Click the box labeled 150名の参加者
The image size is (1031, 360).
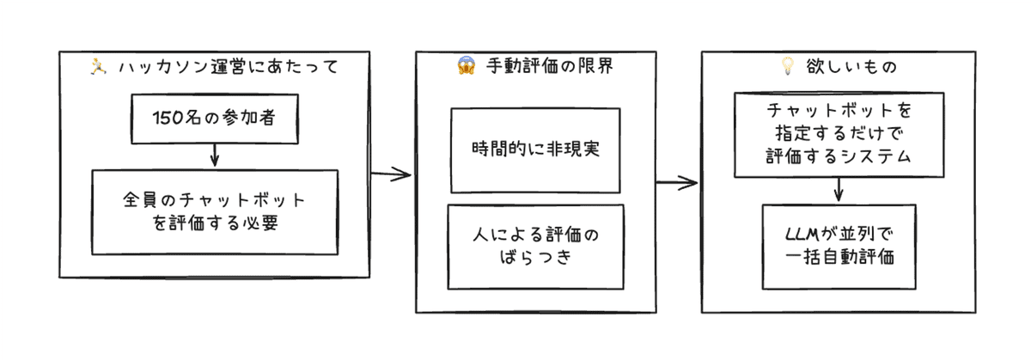tap(214, 119)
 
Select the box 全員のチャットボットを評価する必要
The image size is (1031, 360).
tap(214, 211)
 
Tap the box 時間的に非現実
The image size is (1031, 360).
tap(534, 150)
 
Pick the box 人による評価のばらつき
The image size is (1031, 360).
tap(534, 246)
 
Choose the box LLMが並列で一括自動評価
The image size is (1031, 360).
tap(839, 246)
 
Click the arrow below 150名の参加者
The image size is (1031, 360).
tap(214, 156)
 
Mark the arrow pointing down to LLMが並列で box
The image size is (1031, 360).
tap(839, 190)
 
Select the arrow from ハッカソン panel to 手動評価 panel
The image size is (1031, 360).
tap(392, 174)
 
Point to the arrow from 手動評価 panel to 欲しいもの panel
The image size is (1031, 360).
tap(676, 182)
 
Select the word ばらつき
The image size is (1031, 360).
tap(534, 258)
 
